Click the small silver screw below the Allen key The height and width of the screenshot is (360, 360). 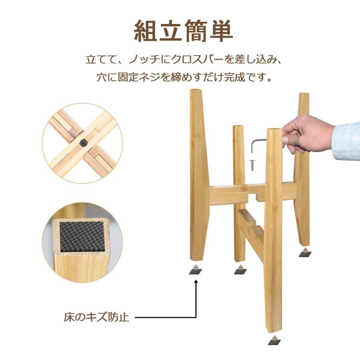[253, 165]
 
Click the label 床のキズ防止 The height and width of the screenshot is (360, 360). [96, 317]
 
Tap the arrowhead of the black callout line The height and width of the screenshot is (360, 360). [196, 282]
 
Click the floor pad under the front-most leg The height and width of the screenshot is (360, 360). [274, 340]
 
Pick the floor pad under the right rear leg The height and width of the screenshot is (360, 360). [305, 252]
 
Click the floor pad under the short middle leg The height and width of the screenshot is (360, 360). [240, 270]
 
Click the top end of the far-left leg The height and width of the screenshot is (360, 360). [196, 90]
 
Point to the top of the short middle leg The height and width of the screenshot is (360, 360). [238, 126]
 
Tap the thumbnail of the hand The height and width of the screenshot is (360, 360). [285, 139]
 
